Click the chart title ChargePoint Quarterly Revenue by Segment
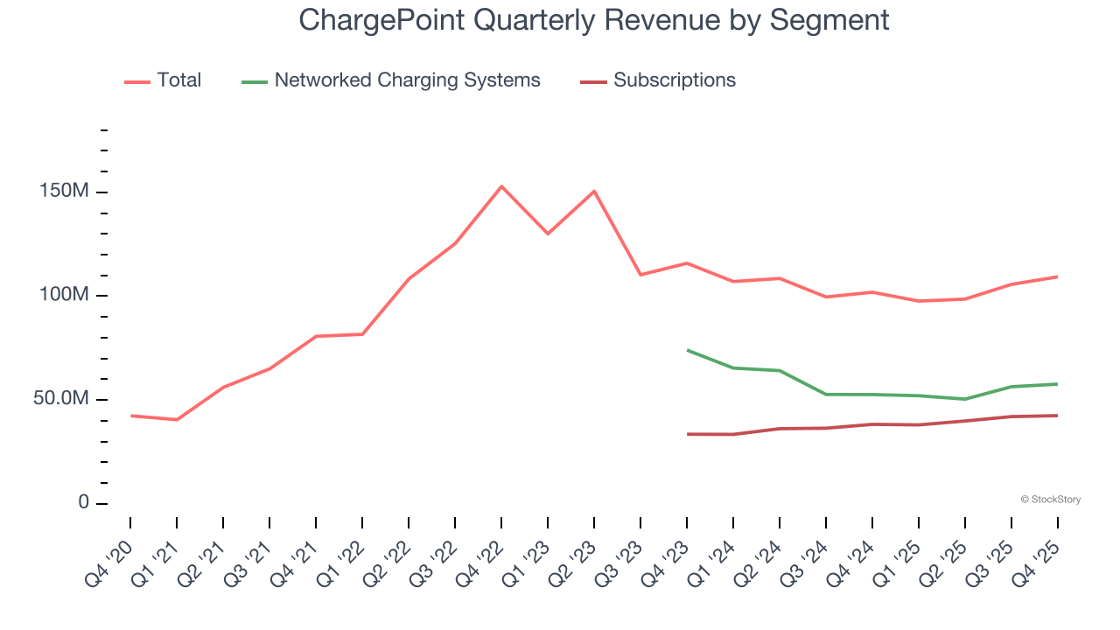(x=594, y=19)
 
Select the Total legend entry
(x=178, y=80)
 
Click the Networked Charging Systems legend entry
(x=407, y=80)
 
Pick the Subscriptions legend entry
(x=674, y=80)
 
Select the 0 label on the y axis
(x=83, y=502)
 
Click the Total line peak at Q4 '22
(x=501, y=186)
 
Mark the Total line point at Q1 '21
(x=177, y=420)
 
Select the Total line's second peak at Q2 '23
(x=594, y=191)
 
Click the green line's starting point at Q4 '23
(x=688, y=350)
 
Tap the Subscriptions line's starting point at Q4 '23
(x=688, y=434)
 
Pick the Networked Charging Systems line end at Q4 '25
(x=1057, y=384)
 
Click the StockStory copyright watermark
(x=1050, y=500)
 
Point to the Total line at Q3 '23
(x=640, y=275)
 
